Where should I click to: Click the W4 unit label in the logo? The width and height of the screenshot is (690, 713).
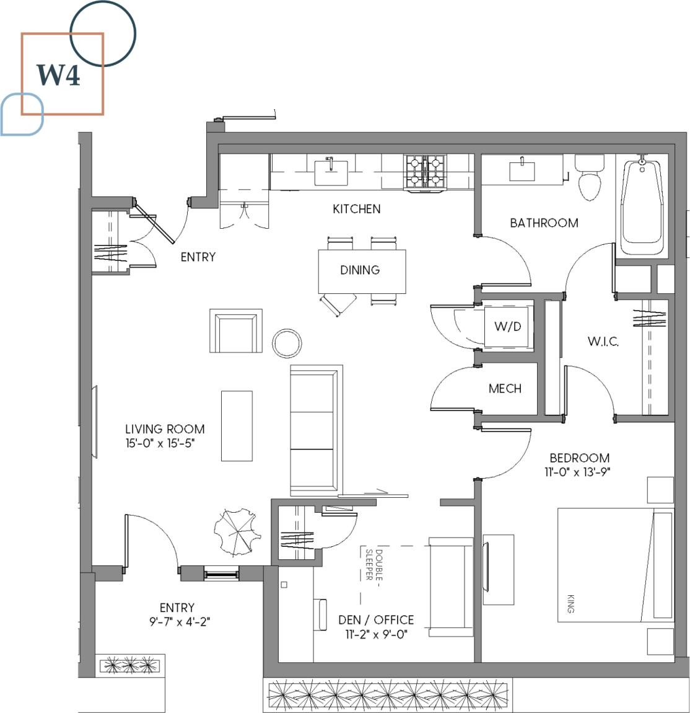tap(58, 75)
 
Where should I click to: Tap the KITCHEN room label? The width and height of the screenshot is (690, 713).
tap(357, 209)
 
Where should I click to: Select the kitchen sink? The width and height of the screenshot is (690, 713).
tap(331, 171)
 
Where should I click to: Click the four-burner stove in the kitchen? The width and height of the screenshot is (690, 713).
tap(426, 172)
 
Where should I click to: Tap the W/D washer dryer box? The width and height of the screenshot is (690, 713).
tap(507, 326)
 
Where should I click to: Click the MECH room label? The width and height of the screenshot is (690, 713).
tap(505, 389)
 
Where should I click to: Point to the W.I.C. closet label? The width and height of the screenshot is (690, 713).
tap(603, 341)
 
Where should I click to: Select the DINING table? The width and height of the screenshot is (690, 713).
tap(362, 271)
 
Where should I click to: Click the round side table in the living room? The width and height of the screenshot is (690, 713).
tap(287, 343)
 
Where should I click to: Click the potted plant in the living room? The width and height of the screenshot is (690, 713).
tap(234, 531)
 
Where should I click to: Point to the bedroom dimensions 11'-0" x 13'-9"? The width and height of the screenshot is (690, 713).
tap(580, 472)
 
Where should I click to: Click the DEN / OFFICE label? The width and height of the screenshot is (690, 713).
tap(376, 619)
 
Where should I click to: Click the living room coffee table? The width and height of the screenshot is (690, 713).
tap(237, 426)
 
